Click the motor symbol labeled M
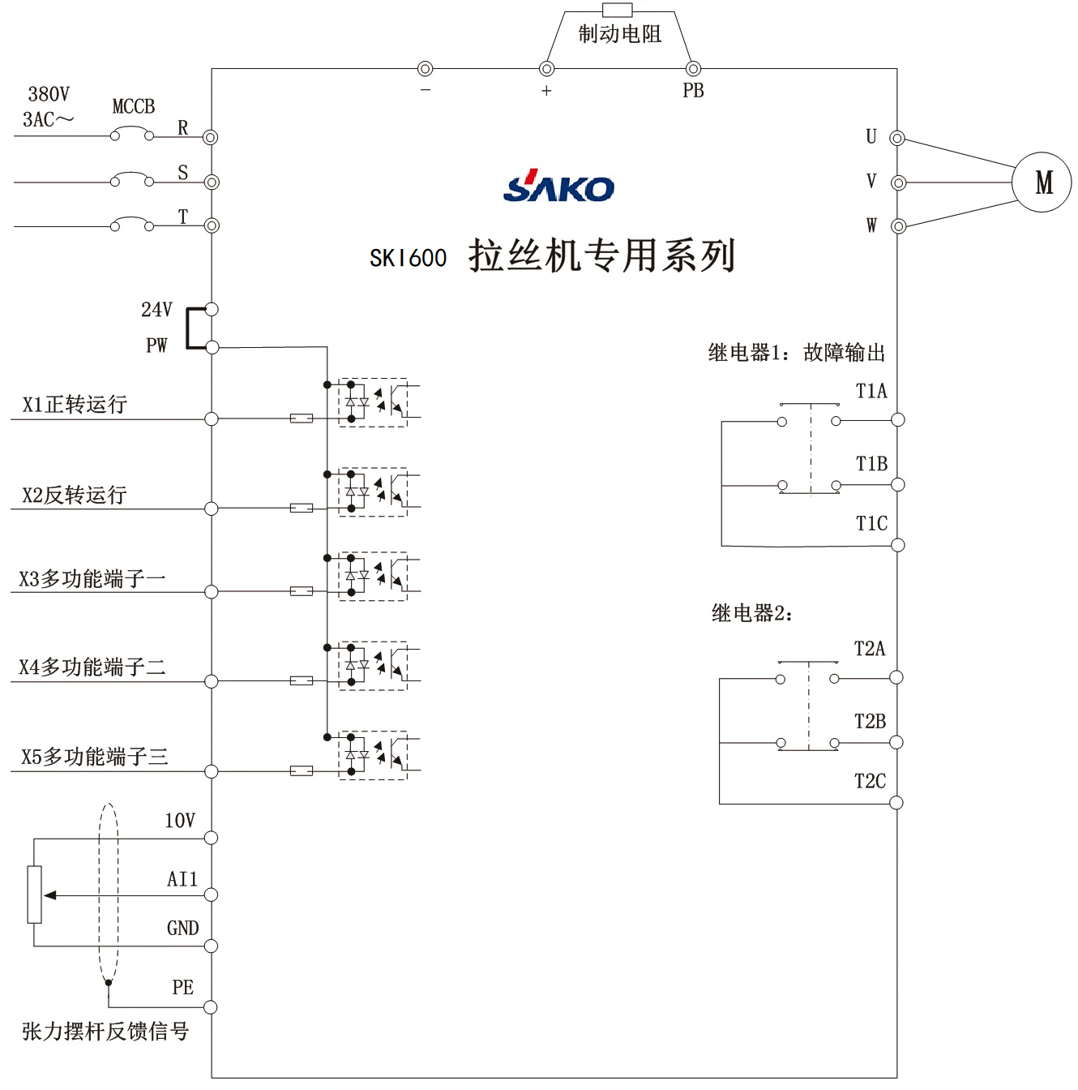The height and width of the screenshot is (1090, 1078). click(1042, 182)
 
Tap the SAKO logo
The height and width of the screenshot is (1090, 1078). click(558, 187)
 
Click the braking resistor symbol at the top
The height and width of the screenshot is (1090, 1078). click(618, 11)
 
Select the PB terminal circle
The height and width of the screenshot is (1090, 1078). click(693, 69)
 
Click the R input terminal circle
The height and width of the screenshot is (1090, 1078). click(211, 137)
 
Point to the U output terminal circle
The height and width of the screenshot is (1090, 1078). click(897, 138)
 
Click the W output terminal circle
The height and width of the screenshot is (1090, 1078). click(898, 226)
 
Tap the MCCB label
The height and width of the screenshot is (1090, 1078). click(134, 106)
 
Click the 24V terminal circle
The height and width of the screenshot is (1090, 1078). click(212, 309)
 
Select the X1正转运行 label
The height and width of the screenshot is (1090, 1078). click(75, 404)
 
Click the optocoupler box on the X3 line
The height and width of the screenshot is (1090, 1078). click(373, 576)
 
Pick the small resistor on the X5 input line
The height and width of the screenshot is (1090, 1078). click(302, 770)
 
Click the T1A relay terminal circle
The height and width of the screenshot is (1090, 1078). click(897, 420)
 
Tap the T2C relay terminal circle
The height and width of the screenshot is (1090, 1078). click(896, 803)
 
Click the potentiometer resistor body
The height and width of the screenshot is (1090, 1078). click(34, 894)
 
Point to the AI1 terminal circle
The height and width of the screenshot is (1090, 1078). click(211, 895)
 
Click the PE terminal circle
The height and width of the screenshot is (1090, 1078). click(211, 1007)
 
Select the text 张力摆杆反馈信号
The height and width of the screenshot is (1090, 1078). click(105, 1031)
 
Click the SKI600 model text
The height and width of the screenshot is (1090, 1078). click(408, 258)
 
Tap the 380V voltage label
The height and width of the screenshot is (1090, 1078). click(49, 94)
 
